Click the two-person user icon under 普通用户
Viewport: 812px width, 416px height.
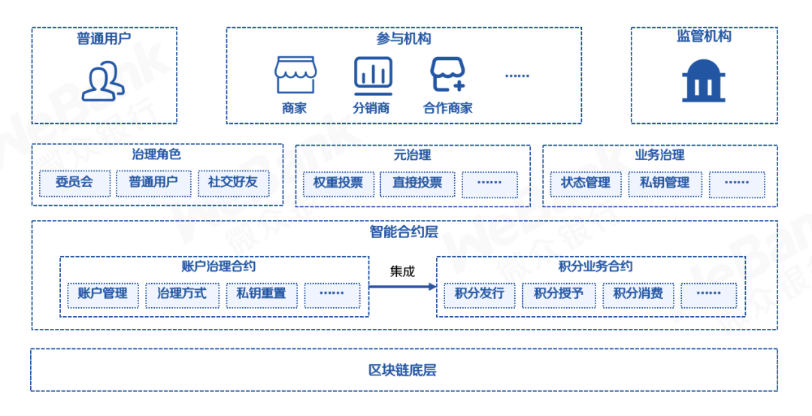point(104,81)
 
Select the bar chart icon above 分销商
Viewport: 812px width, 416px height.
point(373,74)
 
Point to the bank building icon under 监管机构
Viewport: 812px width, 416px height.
point(704,80)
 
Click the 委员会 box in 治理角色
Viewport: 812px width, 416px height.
point(74,183)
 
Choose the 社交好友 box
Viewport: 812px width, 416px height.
point(233,183)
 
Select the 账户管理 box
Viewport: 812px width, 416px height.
point(103,294)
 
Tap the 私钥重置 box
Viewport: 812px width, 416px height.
point(261,294)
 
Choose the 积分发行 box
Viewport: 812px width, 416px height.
point(479,294)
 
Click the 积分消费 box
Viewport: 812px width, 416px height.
point(638,294)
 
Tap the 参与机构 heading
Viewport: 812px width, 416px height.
point(404,39)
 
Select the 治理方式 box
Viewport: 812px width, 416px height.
point(182,294)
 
